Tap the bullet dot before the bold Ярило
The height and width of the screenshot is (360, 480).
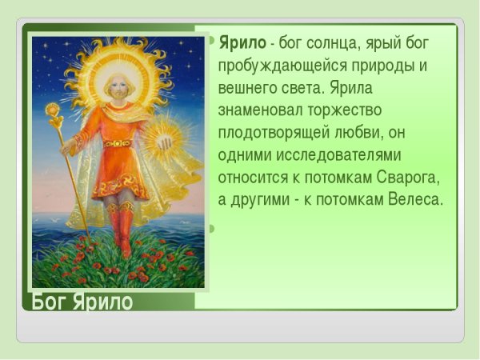[211, 40]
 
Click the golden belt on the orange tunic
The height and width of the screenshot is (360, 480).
[118, 143]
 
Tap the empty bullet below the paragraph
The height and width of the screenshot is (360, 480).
[211, 229]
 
